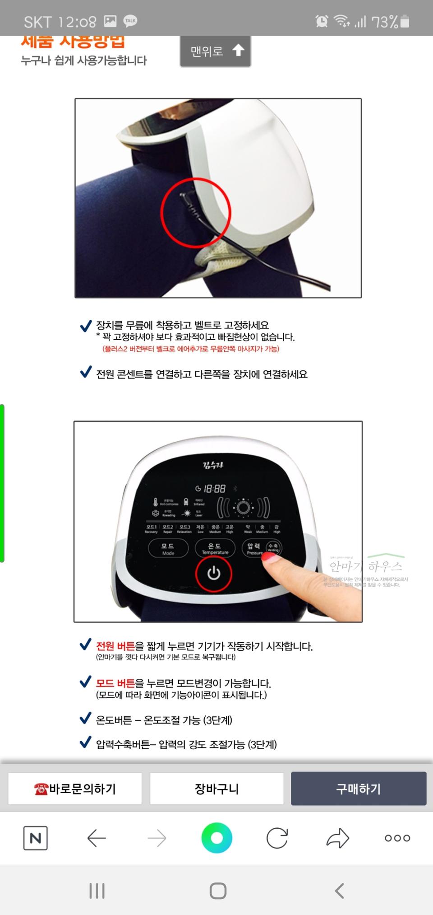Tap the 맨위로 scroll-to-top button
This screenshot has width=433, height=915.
[x=216, y=51]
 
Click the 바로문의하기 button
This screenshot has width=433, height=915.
[x=75, y=789]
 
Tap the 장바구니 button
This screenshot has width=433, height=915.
[x=216, y=789]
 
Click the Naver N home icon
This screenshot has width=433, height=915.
[x=35, y=838]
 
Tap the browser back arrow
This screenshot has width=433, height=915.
[x=96, y=838]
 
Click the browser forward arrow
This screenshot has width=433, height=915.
[x=157, y=838]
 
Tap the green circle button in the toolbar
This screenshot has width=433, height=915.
[x=216, y=838]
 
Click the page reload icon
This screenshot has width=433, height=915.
[x=277, y=838]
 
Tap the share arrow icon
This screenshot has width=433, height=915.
[x=337, y=838]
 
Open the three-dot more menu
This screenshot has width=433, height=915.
[x=397, y=838]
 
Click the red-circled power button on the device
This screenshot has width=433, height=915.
[x=213, y=573]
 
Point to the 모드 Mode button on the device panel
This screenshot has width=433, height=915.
[x=168, y=549]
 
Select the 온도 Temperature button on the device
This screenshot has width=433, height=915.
[x=215, y=549]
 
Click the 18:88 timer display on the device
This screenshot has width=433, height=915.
[x=211, y=489]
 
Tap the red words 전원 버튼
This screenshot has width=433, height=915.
[x=115, y=646]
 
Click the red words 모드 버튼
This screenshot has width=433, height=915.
[x=115, y=683]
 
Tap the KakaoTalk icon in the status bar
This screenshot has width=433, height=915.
[x=130, y=21]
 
